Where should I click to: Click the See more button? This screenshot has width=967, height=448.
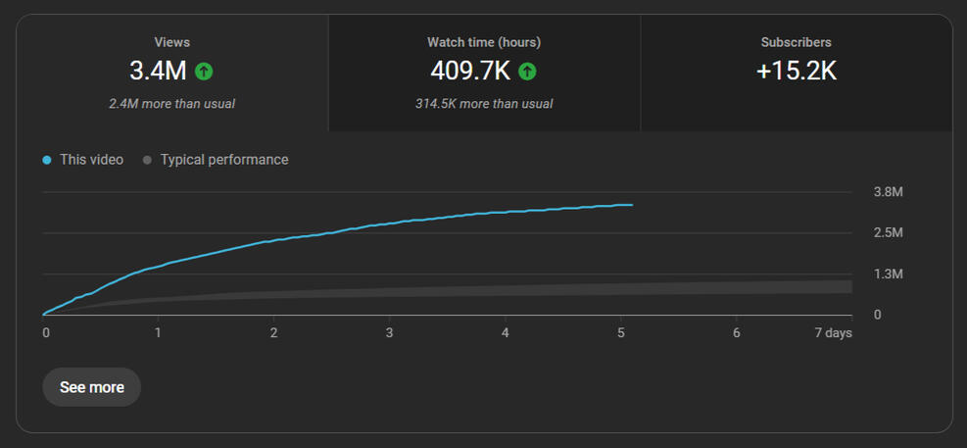[x=91, y=387]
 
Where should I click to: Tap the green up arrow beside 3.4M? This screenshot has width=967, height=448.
[x=204, y=71]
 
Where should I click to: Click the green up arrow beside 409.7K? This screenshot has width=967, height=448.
[x=527, y=71]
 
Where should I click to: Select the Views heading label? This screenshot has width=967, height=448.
[x=172, y=42]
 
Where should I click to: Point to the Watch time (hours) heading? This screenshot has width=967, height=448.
[x=484, y=42]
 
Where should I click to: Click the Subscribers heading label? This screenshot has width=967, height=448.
[x=796, y=42]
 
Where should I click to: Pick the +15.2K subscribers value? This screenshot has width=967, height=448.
[x=796, y=71]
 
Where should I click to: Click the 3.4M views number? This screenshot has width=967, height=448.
[x=158, y=71]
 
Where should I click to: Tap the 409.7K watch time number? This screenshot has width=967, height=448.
[x=470, y=71]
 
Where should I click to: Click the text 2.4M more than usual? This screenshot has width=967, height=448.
[x=172, y=103]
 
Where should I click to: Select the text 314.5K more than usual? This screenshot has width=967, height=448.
[x=484, y=103]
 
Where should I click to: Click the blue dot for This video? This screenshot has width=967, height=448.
[x=47, y=160]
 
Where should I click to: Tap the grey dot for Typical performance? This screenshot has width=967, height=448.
[x=148, y=160]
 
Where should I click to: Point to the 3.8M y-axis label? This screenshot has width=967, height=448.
[x=888, y=191]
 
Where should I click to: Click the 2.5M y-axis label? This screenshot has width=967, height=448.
[x=888, y=232]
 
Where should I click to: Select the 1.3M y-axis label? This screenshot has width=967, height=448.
[x=888, y=274]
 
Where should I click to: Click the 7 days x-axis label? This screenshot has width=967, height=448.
[x=834, y=333]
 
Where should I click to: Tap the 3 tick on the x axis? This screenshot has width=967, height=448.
[x=389, y=333]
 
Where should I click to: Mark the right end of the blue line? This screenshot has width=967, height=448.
[x=632, y=205]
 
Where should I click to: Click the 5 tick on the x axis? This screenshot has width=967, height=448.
[x=620, y=333]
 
